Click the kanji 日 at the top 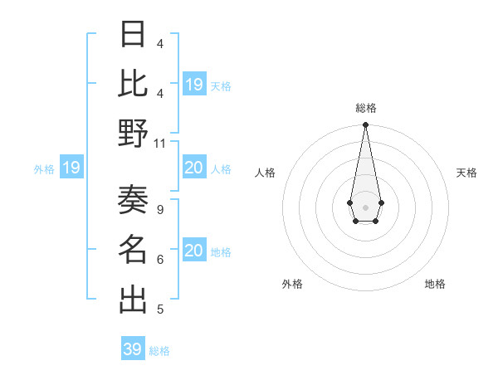[x=133, y=35]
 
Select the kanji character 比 [x=133, y=83]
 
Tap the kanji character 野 [x=133, y=133]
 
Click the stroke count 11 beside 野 [x=160, y=143]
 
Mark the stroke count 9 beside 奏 [x=159, y=209]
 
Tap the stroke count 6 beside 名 [x=159, y=260]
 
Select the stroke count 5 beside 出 [x=159, y=310]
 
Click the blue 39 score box [x=133, y=349]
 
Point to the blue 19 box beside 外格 [x=71, y=168]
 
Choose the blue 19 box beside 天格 [x=194, y=85]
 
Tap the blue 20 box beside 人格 [x=194, y=168]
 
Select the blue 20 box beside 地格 [x=194, y=251]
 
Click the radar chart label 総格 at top [x=365, y=108]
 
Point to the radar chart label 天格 [x=466, y=173]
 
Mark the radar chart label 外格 [x=291, y=284]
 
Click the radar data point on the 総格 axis [x=365, y=125]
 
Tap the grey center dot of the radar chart [x=365, y=207]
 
